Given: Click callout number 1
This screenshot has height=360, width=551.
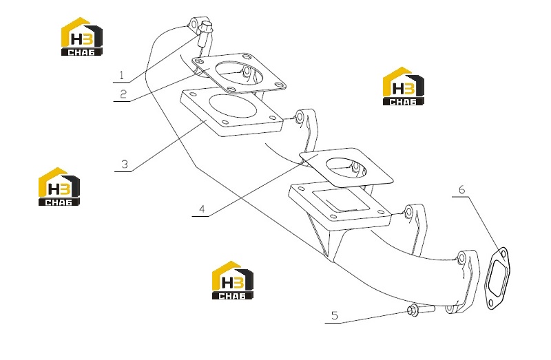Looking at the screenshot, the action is click(122, 75).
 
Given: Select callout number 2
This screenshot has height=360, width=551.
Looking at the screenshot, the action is click(123, 94).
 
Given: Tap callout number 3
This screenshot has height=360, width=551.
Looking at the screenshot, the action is click(125, 164).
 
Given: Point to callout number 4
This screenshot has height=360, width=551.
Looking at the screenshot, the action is click(202, 209).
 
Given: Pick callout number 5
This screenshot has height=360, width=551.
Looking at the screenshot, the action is click(335, 315).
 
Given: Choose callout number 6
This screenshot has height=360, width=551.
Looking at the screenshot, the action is click(461, 189).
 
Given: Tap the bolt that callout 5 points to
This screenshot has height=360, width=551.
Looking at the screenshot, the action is click(420, 310).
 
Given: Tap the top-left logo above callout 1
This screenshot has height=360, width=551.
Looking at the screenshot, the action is click(82, 36).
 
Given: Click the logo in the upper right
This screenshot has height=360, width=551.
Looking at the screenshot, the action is click(403, 86).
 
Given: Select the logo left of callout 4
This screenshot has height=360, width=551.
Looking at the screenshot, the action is click(59, 187).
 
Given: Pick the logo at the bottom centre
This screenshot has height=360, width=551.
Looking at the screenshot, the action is click(233, 280).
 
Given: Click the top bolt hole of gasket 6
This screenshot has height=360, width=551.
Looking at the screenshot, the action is click(503, 253).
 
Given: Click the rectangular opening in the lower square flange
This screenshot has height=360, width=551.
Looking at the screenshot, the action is click(340, 200).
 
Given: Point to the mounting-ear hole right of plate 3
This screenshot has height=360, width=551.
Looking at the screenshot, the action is click(300, 118).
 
